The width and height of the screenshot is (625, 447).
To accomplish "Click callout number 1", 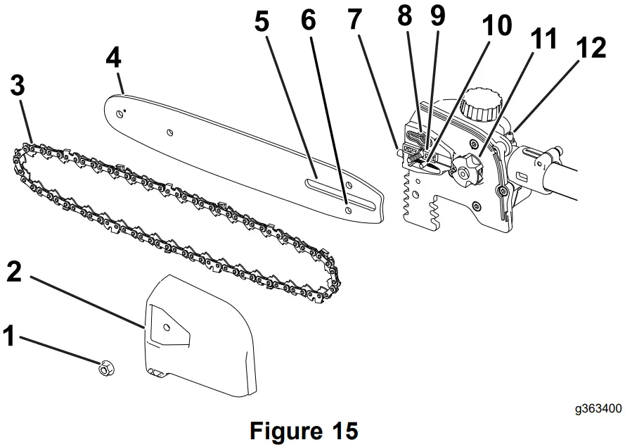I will point(9,336).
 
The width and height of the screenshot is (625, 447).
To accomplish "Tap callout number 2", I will point(15,270).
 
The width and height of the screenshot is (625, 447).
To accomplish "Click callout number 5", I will point(262,22).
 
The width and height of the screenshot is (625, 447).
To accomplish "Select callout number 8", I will point(404,16).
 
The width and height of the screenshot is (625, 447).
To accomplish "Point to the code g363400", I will point(596,408).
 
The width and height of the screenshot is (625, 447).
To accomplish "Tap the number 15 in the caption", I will point(341,429).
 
